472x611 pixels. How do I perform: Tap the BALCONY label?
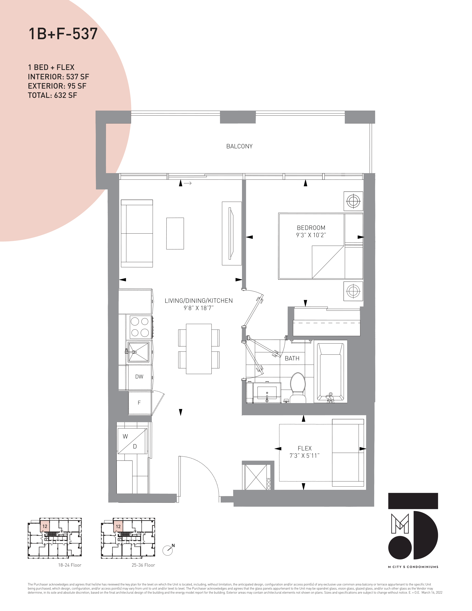[x=239, y=146]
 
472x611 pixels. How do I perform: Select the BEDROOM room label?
[x=311, y=228]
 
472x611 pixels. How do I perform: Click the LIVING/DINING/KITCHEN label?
[x=199, y=301]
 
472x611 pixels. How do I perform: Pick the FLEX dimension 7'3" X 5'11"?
[x=304, y=456]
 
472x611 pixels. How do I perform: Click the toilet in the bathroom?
[x=298, y=388]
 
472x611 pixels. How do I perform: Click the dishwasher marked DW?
[x=139, y=377]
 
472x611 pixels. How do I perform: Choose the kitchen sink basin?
[x=138, y=352]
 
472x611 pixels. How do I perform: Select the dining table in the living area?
[x=199, y=349]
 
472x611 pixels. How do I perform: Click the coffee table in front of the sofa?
[x=175, y=233]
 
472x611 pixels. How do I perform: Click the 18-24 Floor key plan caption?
[x=70, y=565]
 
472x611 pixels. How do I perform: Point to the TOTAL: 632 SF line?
[x=52, y=95]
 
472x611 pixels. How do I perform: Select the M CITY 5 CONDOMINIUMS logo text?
[x=413, y=567]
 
